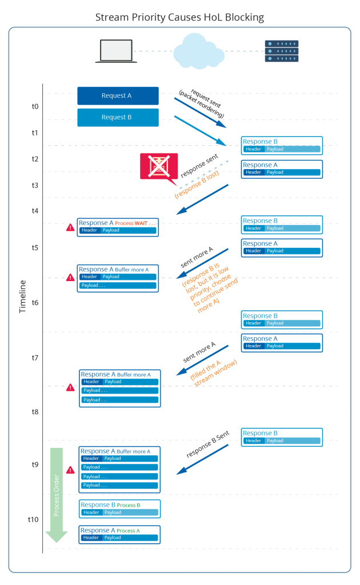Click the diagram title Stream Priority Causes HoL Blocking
point(180,18)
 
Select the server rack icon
point(281,51)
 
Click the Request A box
point(118,96)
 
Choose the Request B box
point(118,118)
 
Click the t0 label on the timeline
point(35,106)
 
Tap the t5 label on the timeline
point(35,248)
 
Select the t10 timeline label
point(34,519)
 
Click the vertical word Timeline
point(23,297)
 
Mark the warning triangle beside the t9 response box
point(70,470)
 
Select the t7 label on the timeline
point(35,358)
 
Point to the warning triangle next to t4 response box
point(70,229)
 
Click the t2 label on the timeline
point(35,159)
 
